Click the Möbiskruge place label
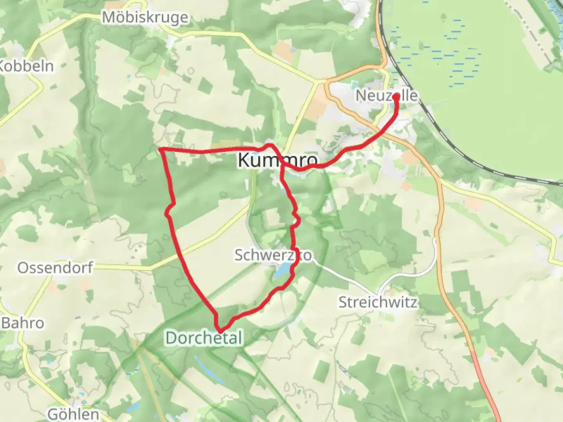point(145,18)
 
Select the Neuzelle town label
point(386,96)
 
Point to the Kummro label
point(277,160)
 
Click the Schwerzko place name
point(273,255)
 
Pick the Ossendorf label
point(55,268)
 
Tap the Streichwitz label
point(378,302)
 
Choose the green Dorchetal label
point(204,338)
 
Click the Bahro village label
point(23,323)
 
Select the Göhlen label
point(73,414)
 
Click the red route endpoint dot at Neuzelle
point(396,96)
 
